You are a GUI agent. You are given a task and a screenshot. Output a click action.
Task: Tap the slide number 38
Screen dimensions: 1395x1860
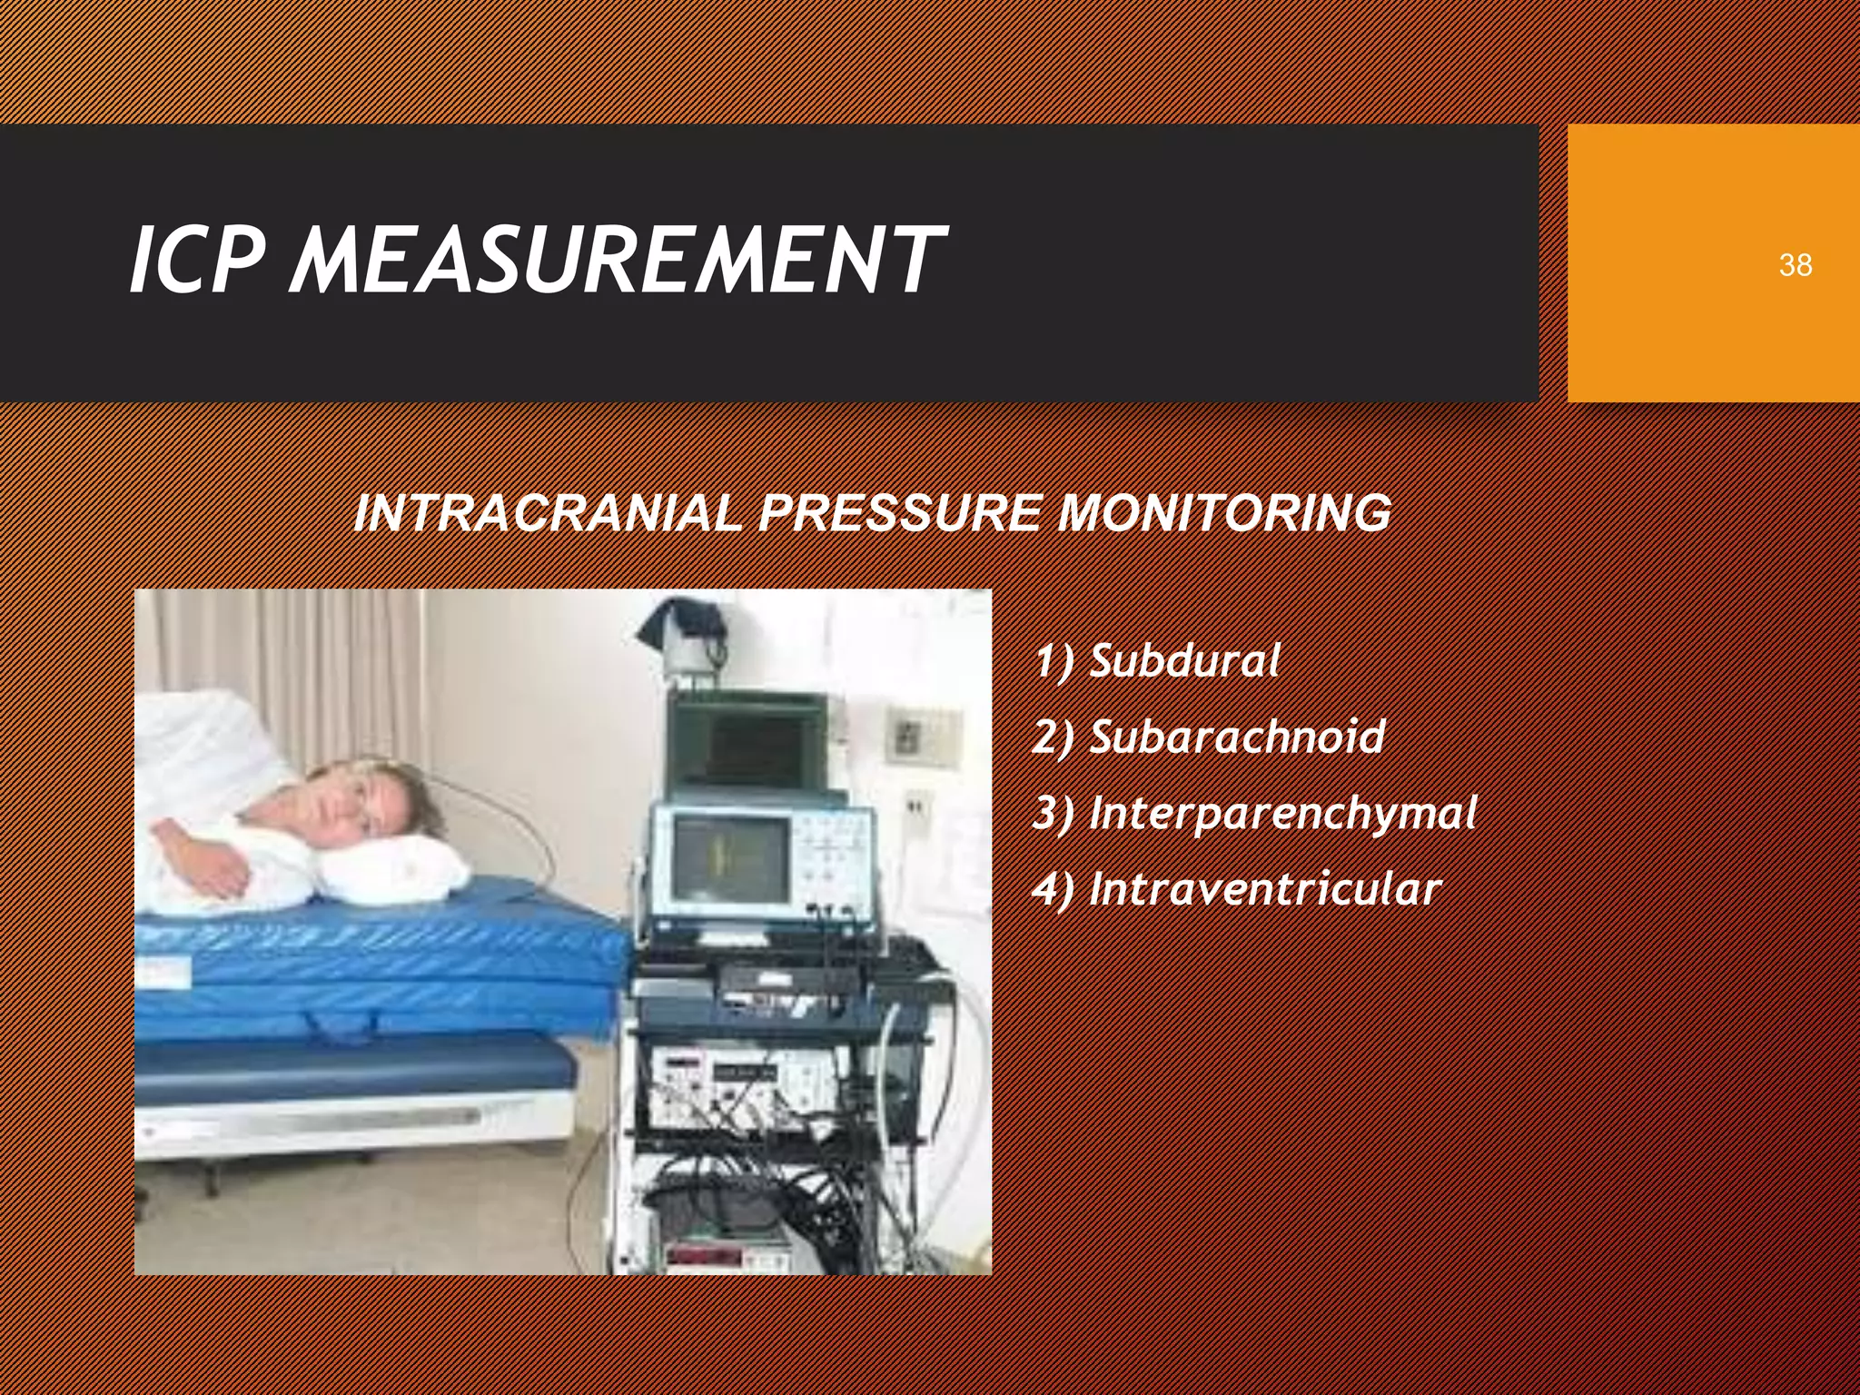[1795, 265]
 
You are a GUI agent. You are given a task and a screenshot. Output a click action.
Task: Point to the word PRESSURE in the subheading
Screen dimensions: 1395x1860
[899, 514]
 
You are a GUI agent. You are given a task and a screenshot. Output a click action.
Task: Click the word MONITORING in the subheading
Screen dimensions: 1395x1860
[1222, 514]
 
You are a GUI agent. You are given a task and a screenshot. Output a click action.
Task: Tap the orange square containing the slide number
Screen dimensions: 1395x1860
[1713, 263]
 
